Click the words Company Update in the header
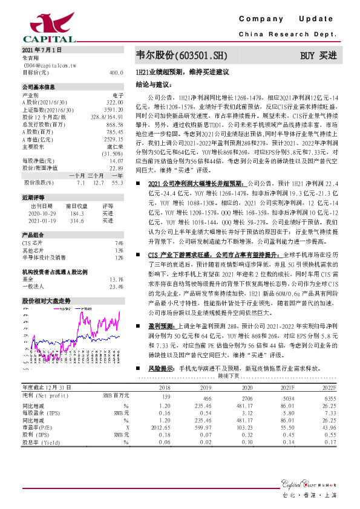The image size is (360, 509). coord(290,19)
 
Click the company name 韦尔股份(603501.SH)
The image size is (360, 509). coord(182,56)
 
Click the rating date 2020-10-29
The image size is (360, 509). coord(41,213)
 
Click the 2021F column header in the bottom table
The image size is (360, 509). coord(284,387)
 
